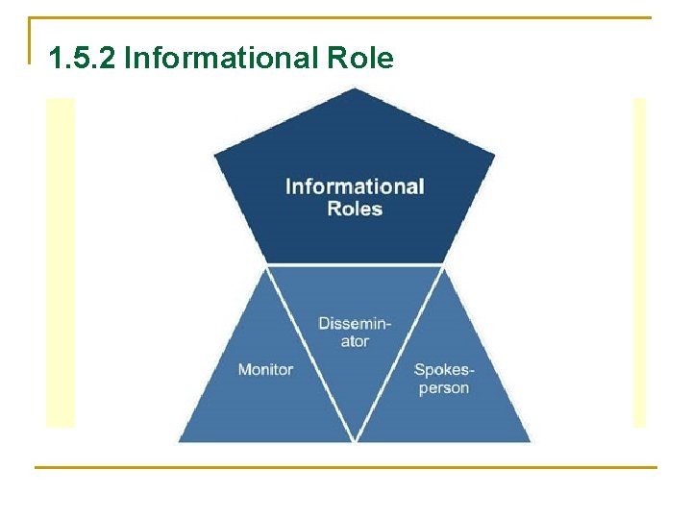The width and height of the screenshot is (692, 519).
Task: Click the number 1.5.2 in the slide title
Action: click(x=82, y=60)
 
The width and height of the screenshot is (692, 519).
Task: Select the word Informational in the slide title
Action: click(x=220, y=60)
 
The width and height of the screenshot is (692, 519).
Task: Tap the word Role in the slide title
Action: click(x=360, y=60)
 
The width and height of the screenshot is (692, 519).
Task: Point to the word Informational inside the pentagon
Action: click(x=355, y=186)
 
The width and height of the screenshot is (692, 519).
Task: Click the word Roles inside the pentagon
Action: click(x=355, y=209)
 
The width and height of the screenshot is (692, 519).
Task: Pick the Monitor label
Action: click(x=265, y=369)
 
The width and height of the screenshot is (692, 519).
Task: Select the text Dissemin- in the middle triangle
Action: click(x=355, y=323)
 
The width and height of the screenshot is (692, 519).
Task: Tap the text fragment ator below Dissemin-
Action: click(x=355, y=341)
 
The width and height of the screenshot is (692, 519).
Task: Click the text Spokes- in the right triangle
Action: click(x=444, y=369)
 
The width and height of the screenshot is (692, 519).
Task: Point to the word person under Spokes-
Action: click(x=444, y=388)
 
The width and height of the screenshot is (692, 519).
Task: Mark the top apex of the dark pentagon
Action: click(x=355, y=88)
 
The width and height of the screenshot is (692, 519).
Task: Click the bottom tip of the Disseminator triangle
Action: click(x=356, y=440)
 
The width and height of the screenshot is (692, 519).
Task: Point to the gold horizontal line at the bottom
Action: click(x=346, y=467)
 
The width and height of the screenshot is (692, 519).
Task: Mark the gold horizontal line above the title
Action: click(x=346, y=17)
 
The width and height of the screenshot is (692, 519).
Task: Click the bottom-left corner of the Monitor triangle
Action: click(x=180, y=441)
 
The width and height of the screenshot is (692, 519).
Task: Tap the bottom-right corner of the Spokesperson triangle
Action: click(x=530, y=441)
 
